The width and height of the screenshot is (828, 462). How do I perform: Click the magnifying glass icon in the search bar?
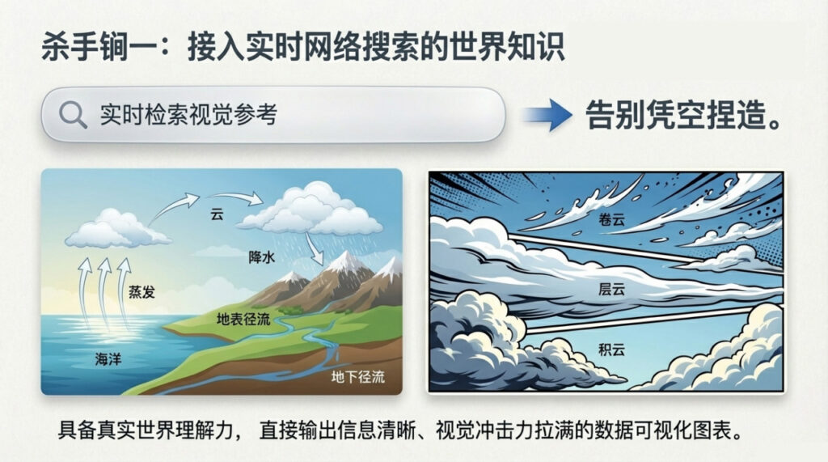click(73, 115)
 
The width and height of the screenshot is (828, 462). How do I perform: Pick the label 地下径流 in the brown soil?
click(358, 377)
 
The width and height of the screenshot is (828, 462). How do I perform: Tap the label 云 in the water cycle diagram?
click(216, 215)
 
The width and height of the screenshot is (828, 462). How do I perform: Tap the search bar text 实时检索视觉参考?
click(188, 115)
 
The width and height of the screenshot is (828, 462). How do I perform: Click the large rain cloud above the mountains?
click(311, 208)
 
